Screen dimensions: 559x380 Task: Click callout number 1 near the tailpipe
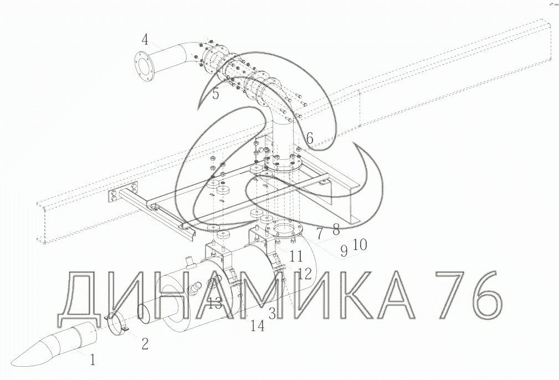93,360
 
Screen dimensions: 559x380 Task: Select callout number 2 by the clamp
145,343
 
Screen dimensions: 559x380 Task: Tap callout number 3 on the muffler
272,314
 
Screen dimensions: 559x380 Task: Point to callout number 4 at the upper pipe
145,39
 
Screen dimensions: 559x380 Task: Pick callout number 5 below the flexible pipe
216,93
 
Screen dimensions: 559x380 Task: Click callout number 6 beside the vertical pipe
310,138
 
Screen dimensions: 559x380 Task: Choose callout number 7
320,233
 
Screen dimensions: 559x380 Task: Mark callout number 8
336,230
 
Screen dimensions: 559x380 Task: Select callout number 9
343,251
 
